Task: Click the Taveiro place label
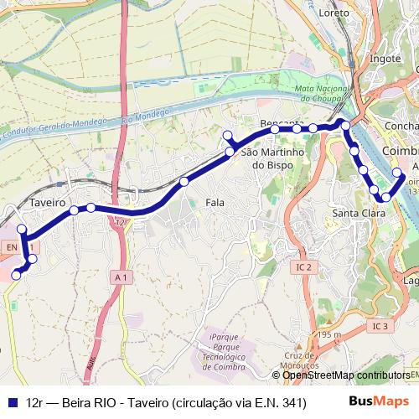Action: [x=47, y=203]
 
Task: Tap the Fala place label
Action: [x=215, y=203]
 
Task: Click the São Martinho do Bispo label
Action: [x=271, y=159]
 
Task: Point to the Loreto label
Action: [x=334, y=14]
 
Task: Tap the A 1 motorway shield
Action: [x=122, y=277]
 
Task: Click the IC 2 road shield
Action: [x=304, y=267]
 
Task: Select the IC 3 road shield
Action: [x=380, y=325]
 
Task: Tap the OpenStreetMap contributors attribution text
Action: [x=346, y=375]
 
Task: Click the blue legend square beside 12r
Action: [x=13, y=402]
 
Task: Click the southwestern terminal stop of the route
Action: [x=15, y=275]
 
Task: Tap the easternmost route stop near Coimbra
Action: [x=397, y=173]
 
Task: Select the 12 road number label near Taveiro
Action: [x=121, y=222]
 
